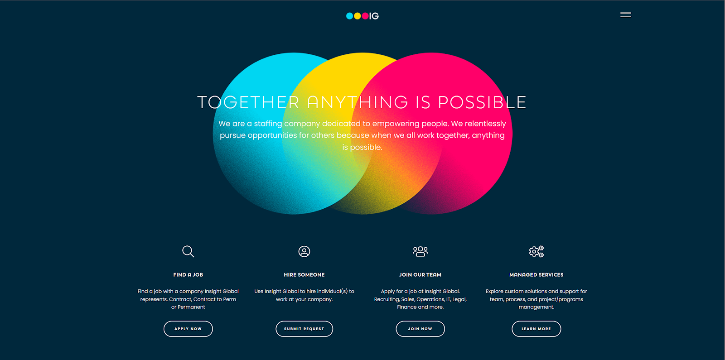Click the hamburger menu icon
626,15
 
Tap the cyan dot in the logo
349,16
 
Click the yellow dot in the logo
358,16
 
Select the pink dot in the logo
365,16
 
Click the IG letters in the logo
374,16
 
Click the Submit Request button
304,329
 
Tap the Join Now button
420,329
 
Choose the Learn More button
536,329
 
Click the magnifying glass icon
188,251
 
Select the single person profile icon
304,251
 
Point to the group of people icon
420,251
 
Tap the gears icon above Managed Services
536,251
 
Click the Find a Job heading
188,274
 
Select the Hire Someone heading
304,274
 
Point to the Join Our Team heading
420,274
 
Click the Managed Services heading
536,274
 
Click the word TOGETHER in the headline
248,102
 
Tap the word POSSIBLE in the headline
482,102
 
